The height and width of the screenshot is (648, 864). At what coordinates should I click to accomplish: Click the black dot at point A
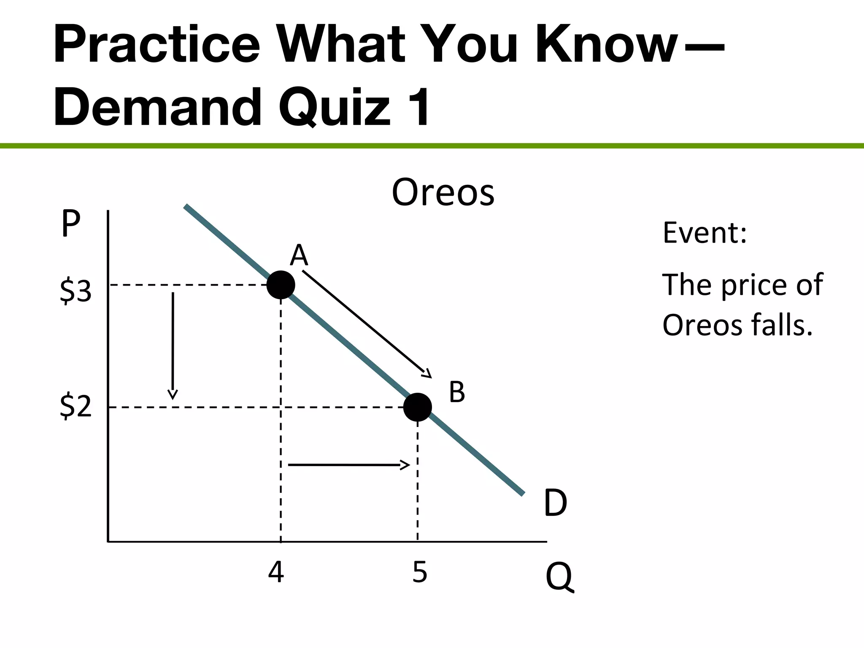click(281, 285)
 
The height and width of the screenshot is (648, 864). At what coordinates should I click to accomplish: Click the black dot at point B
click(417, 407)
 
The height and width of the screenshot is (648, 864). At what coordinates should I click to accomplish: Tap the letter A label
click(299, 255)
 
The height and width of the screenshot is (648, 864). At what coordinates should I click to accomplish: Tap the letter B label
click(457, 392)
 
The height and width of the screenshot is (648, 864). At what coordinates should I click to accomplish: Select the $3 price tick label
click(76, 291)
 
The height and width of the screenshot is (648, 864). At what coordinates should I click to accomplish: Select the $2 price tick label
click(76, 406)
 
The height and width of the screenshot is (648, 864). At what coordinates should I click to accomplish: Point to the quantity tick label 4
click(276, 572)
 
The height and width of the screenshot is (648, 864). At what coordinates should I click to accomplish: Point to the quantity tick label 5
click(420, 572)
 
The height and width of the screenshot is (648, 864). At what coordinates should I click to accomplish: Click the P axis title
click(70, 224)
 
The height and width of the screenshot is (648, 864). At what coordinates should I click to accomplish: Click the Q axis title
click(559, 577)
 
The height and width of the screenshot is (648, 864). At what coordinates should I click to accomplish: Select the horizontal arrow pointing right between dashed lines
click(348, 465)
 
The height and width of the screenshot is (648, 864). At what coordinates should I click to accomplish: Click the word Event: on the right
click(705, 232)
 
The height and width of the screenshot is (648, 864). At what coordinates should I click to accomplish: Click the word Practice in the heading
click(157, 44)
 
